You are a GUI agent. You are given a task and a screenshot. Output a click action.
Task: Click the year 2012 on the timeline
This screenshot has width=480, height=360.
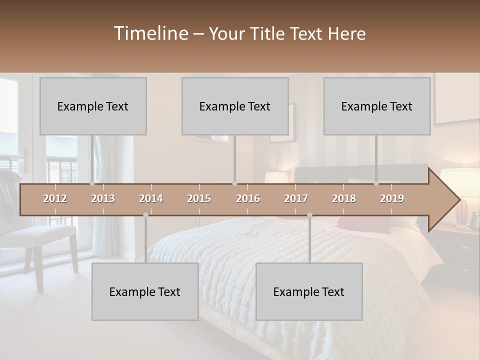pyautogui.click(x=55, y=198)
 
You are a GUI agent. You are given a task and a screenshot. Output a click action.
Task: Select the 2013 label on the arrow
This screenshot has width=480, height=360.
pyautogui.click(x=103, y=198)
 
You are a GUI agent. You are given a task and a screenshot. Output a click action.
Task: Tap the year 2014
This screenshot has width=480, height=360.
pyautogui.click(x=151, y=198)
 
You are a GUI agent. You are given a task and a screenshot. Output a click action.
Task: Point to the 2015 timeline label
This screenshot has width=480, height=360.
pyautogui.click(x=199, y=198)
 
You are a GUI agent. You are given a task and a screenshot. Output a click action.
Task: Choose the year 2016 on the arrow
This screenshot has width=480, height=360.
pyautogui.click(x=248, y=198)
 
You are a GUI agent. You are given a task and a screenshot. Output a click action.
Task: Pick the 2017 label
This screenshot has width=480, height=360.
pyautogui.click(x=296, y=198)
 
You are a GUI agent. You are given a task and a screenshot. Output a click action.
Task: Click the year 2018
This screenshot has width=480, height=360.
pyautogui.click(x=344, y=198)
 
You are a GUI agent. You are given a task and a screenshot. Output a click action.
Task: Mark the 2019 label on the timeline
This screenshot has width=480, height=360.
pyautogui.click(x=392, y=198)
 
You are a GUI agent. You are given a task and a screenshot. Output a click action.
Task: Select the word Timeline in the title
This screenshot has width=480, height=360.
pyautogui.click(x=150, y=33)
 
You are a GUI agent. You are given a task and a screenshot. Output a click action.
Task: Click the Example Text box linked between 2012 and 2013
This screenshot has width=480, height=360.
pyautogui.click(x=93, y=106)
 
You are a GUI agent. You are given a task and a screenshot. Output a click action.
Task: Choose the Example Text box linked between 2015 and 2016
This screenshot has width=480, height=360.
pyautogui.click(x=235, y=106)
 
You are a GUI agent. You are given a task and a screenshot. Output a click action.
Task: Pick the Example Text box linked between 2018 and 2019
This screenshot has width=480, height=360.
pyautogui.click(x=377, y=106)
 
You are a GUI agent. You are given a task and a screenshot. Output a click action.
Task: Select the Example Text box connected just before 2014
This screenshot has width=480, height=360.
pyautogui.click(x=145, y=291)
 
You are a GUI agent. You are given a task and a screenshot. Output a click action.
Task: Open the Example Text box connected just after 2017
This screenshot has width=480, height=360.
pyautogui.click(x=309, y=291)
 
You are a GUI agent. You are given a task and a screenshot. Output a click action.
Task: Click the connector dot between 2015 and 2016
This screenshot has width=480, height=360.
pyautogui.click(x=235, y=183)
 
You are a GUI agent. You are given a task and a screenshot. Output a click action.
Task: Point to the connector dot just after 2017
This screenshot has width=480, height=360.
pyautogui.click(x=309, y=215)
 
